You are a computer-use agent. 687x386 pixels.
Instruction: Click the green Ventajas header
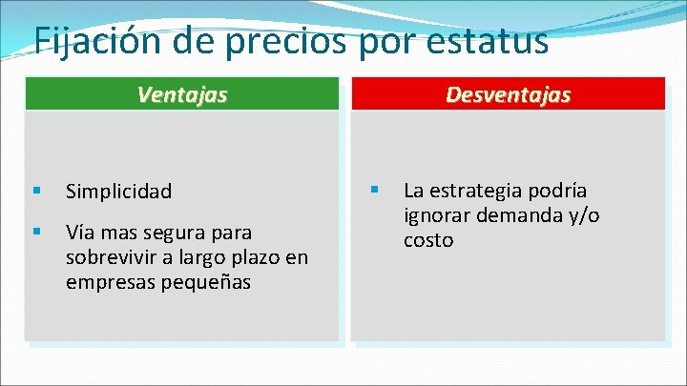point(181,94)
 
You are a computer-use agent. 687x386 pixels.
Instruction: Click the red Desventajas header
point(508,94)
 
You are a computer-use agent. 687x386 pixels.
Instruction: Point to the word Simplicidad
point(118,192)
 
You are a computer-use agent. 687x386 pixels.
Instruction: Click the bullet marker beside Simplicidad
point(35,191)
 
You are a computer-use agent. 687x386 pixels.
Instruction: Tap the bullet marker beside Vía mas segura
point(35,232)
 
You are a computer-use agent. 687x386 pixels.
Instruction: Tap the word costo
point(428,241)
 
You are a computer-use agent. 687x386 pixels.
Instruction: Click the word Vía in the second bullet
point(79,233)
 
